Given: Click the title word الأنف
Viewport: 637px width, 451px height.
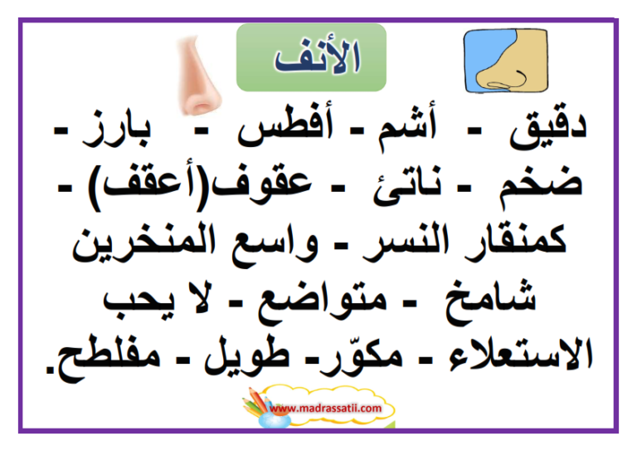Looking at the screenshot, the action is [x=318, y=57].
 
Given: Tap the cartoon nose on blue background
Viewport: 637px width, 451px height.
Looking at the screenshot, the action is [x=506, y=61].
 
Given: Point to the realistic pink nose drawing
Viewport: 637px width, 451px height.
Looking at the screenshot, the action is [x=197, y=76].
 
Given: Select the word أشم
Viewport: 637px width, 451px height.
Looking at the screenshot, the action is [x=407, y=127].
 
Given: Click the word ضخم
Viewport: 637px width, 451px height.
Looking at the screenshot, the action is [x=541, y=188].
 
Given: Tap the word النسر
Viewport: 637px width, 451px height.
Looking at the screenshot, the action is [x=406, y=242].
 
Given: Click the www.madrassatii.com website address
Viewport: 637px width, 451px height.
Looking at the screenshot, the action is [x=325, y=409].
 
